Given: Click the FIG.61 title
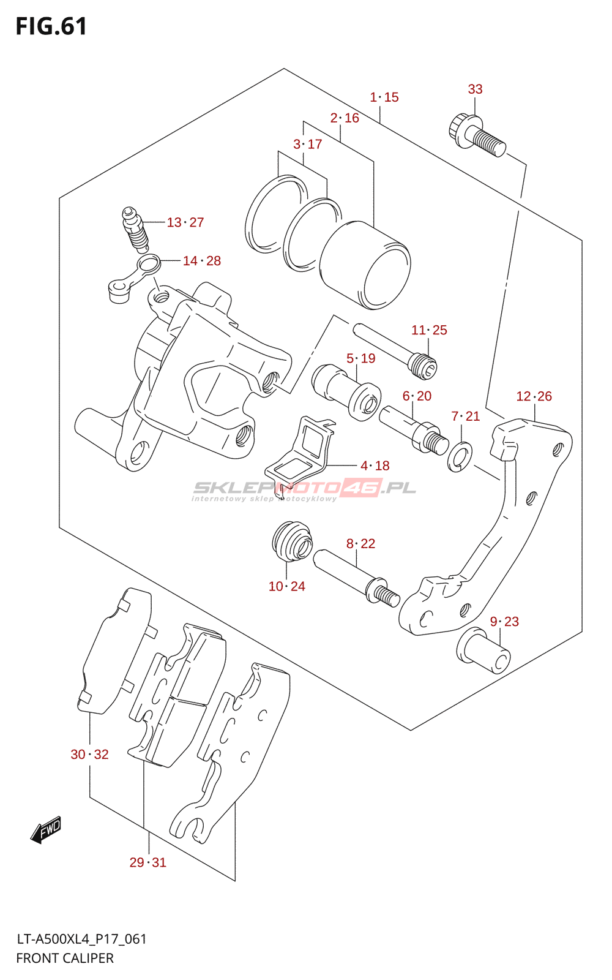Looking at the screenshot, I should (51, 26).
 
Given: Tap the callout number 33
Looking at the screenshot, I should (475, 89).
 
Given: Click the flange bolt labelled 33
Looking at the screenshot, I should (477, 135).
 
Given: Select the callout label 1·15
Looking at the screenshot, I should (384, 97).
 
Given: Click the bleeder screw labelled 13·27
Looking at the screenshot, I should (135, 229).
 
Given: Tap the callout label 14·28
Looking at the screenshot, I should (202, 261).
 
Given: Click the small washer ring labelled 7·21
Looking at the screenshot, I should (460, 457).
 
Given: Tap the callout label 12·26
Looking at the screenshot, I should (534, 396).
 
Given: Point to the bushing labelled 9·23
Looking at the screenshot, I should (483, 650).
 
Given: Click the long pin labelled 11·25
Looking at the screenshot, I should (394, 350).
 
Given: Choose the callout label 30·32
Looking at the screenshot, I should (89, 755).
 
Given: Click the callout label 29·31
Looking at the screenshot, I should (147, 862).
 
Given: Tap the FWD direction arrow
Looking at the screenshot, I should (47, 830).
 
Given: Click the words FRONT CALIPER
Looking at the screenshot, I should (65, 958).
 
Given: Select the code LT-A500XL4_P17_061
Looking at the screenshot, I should (81, 939).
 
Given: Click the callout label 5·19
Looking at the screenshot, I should (360, 358).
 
